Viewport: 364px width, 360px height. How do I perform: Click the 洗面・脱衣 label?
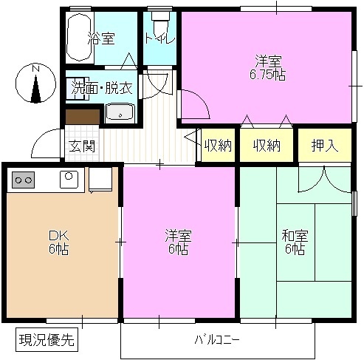pyautogui.click(x=102, y=86)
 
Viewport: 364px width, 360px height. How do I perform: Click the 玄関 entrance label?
pyautogui.click(x=82, y=146)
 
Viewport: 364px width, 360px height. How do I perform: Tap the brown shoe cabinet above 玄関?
pyautogui.click(x=81, y=116)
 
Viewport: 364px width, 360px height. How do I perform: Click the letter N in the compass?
pyautogui.click(x=35, y=69)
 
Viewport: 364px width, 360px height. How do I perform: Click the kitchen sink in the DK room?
pyautogui.click(x=69, y=178)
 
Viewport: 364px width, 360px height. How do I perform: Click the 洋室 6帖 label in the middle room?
pyautogui.click(x=178, y=242)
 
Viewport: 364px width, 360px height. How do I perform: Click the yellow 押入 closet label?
pyautogui.click(x=325, y=146)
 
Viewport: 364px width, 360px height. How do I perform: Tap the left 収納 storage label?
pyautogui.click(x=219, y=146)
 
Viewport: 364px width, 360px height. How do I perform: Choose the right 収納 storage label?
pyautogui.click(x=267, y=146)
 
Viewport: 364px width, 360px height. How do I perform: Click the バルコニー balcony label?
pyautogui.click(x=217, y=341)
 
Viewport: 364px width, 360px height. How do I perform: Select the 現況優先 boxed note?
pyautogui.click(x=46, y=341)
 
